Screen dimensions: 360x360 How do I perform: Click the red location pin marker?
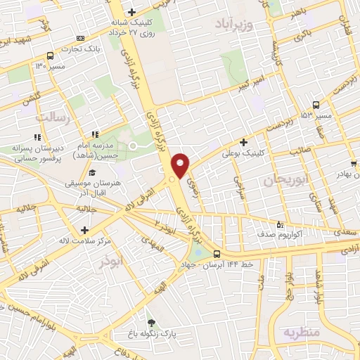tap(181, 165)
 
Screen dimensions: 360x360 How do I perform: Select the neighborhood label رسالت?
tap(53, 118)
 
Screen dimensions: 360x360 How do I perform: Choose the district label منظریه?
tap(302, 331)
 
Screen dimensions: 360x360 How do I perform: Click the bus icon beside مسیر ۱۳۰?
tap(50, 56)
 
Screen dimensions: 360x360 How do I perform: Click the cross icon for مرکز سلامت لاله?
tap(84, 230)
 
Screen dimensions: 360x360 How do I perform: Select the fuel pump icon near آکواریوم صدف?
tap(281, 225)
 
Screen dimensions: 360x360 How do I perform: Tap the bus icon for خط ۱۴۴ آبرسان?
tap(216, 255)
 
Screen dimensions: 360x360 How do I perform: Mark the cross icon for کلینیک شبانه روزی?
tap(131, 12)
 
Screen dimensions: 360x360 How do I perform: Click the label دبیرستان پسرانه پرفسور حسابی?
tap(37, 154)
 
